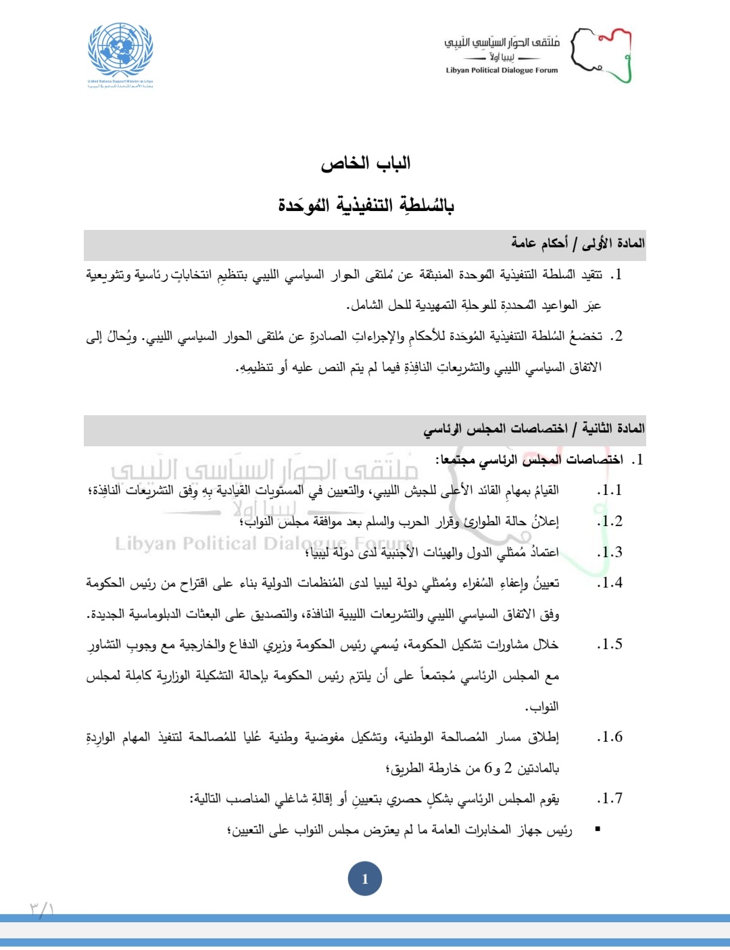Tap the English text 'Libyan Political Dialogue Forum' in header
point(502,70)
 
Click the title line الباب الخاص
point(365,163)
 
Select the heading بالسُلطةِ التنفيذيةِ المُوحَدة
point(365,204)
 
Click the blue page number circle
point(365,879)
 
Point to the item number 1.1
point(610,490)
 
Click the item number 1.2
point(610,521)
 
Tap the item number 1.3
point(610,552)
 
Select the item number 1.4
point(610,583)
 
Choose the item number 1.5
point(610,644)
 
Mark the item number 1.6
point(610,737)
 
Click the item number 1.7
point(610,799)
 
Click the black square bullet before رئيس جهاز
point(598,829)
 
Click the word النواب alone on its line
point(542,707)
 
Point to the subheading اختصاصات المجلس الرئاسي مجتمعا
point(531,460)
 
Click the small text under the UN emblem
point(120,84)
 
